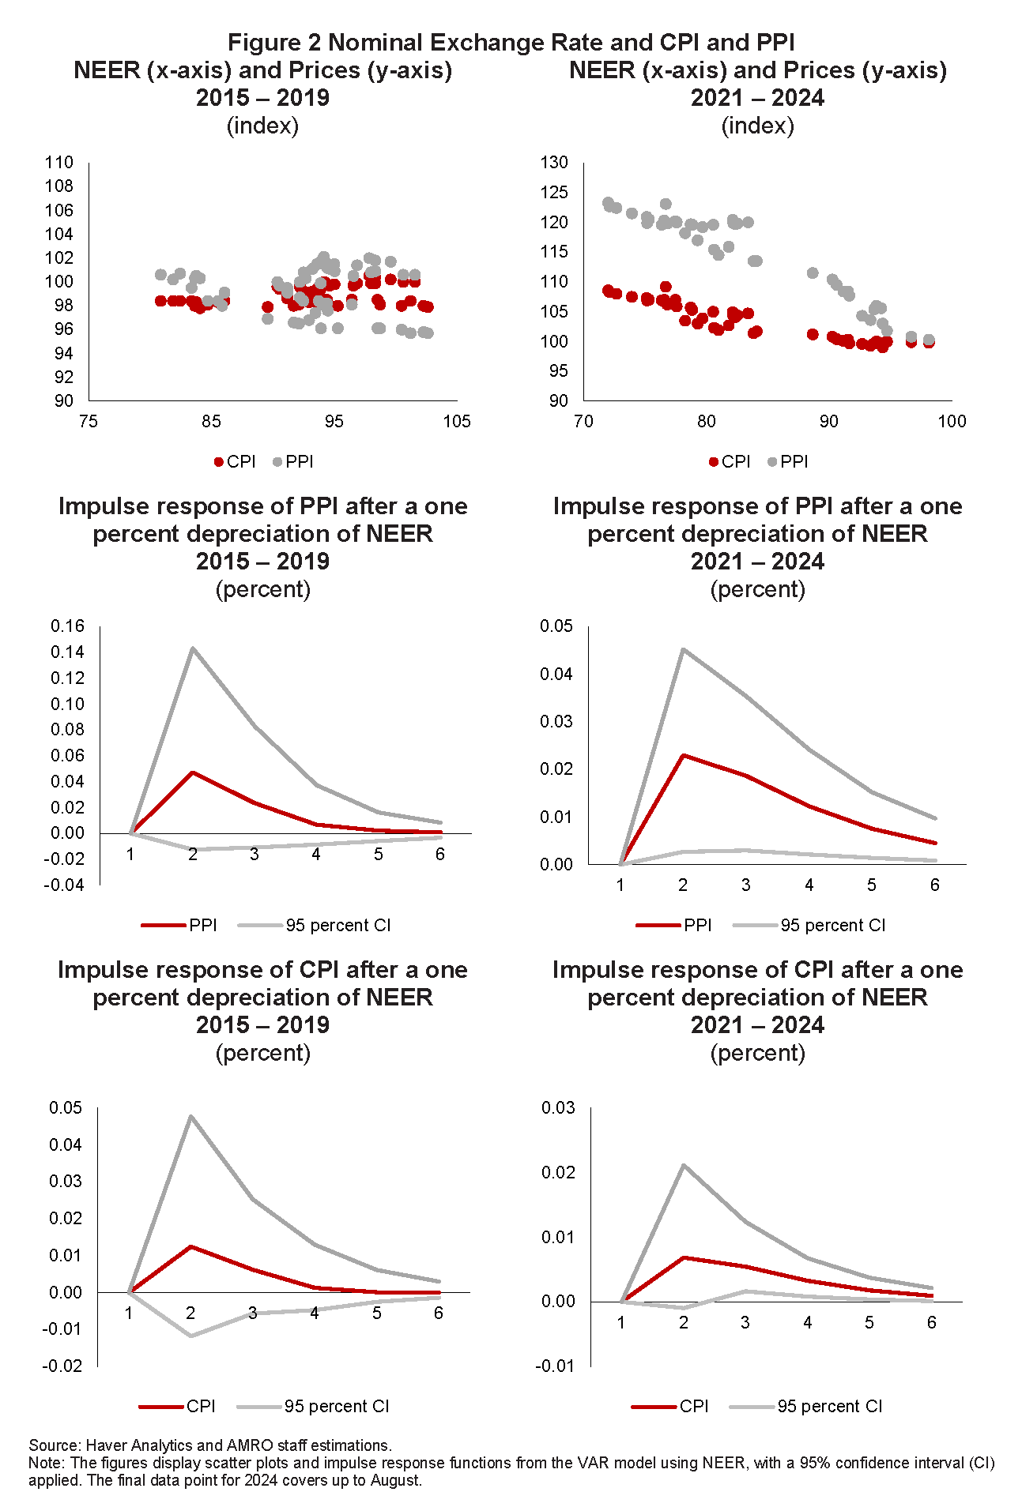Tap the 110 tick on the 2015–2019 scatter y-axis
click(x=59, y=163)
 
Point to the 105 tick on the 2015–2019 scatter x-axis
click(x=457, y=422)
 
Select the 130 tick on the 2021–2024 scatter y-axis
click(x=554, y=163)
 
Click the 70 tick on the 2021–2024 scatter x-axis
click(x=583, y=422)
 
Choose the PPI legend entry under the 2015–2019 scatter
click(x=293, y=462)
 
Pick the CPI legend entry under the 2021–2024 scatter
click(x=730, y=462)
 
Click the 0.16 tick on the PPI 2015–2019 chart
click(x=67, y=626)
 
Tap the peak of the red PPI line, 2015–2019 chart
click(x=192, y=772)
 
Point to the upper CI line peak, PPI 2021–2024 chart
click(x=683, y=650)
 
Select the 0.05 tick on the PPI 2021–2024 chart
click(x=556, y=626)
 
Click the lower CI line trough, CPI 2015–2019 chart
click(x=190, y=1336)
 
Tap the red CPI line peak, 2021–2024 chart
click(x=684, y=1257)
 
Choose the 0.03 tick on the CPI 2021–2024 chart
click(x=558, y=1107)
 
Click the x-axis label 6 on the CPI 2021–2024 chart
click(x=932, y=1322)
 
